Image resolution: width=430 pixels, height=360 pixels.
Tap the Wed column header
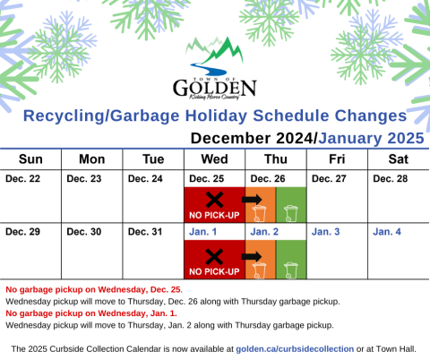coord(214,159)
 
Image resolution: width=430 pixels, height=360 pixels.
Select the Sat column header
coord(399,159)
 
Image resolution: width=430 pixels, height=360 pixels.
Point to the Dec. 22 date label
coord(22,179)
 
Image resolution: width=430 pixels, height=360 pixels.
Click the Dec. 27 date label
coord(329,179)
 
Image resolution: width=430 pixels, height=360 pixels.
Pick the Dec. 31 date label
coord(145,232)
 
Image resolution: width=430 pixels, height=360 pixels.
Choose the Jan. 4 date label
coord(387,232)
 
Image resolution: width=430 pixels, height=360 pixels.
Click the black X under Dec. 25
coord(214,200)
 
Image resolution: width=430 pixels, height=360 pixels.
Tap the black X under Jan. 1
coord(214,257)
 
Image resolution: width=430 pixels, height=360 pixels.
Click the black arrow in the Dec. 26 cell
coord(252,199)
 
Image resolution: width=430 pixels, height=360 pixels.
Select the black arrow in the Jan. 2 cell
coord(252,256)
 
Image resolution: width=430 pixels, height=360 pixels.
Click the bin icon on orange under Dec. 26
coord(259,214)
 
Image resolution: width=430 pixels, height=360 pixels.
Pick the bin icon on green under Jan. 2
coord(291,270)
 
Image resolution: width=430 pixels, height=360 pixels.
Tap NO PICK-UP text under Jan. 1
coord(214,271)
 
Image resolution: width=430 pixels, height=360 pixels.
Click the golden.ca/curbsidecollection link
coord(295,349)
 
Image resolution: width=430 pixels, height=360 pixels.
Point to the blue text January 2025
coord(371,138)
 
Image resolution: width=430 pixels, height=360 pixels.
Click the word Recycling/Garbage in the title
coord(101,116)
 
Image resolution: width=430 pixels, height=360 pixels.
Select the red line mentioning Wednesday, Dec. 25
coord(94,289)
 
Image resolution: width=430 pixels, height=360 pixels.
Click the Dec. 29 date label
coord(22,232)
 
